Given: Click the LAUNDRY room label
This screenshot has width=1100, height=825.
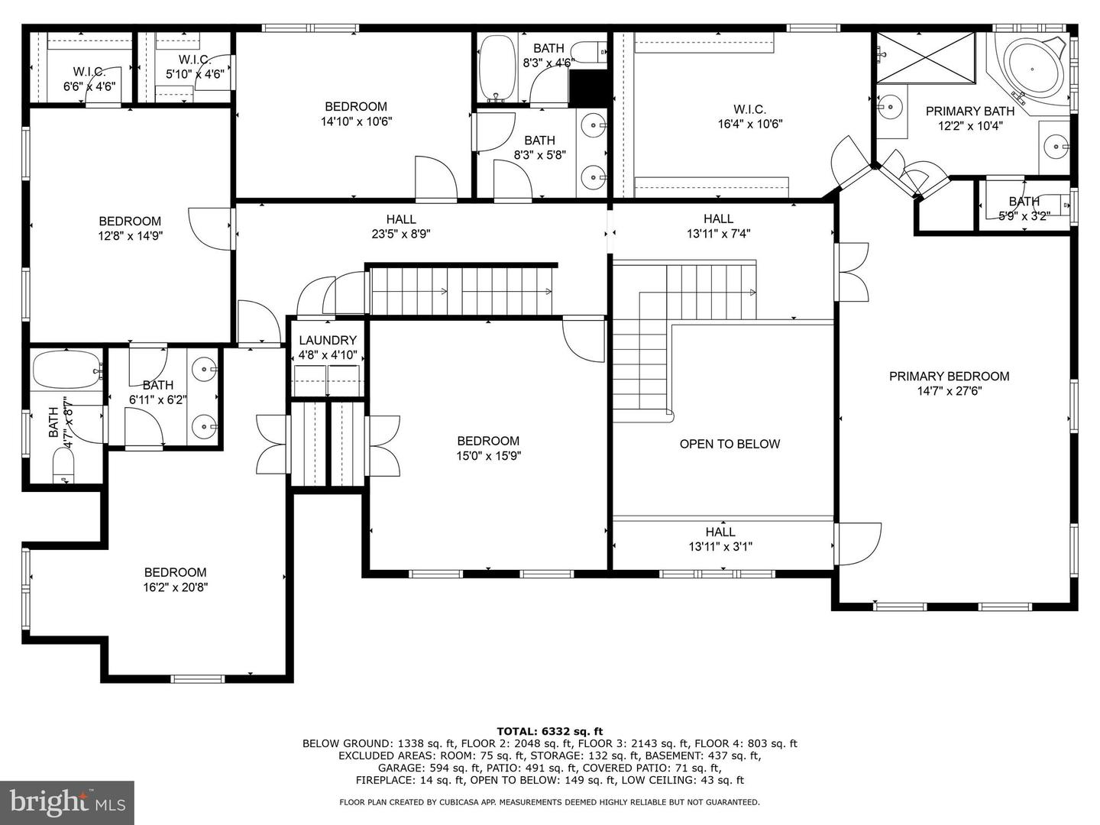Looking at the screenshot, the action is pos(328,341).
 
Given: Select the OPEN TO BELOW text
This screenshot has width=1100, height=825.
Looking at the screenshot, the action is pos(730,444).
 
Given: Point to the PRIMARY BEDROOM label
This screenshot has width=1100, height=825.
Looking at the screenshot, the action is pos(950,376).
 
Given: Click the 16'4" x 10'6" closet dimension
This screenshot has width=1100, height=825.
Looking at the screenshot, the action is pos(749,124).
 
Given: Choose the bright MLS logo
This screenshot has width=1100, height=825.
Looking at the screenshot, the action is pos(67,803).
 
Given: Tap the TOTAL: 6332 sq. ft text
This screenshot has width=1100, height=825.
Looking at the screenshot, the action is pos(550,732).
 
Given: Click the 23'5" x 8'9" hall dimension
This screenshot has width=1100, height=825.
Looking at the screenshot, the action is pos(401,234).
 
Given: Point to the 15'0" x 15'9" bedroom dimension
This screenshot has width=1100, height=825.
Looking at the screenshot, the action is pos(489,456).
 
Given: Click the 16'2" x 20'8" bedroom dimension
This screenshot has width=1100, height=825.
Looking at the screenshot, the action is pos(176,587).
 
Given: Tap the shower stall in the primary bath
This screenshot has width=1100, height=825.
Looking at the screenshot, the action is pos(926,57).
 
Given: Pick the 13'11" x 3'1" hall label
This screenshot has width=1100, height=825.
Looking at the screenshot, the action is pos(720,539).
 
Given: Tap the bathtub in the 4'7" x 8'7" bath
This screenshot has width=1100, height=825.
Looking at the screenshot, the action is pos(66,370).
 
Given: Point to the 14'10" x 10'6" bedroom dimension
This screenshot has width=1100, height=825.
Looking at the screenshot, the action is pos(356,121).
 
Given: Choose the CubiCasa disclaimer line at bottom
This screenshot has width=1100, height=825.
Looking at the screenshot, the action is pos(549,802).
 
